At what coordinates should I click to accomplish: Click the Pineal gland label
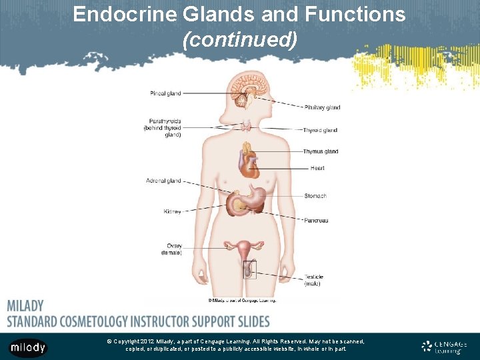(x=165, y=93)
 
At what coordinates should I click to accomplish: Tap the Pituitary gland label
(x=322, y=107)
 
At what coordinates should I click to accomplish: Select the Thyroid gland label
(x=320, y=130)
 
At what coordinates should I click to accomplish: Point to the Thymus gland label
(x=321, y=151)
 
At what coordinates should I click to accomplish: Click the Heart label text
(x=317, y=168)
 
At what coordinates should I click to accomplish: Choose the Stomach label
(x=315, y=196)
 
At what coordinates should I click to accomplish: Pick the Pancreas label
(x=316, y=221)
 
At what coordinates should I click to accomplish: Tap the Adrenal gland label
(x=163, y=181)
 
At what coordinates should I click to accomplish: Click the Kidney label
(x=172, y=212)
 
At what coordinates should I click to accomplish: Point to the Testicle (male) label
(x=314, y=280)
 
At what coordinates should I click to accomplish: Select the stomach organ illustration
(x=250, y=197)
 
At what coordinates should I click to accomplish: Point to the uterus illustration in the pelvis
(x=245, y=251)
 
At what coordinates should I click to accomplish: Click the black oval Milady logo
(x=28, y=347)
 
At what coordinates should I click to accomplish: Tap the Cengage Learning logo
(x=444, y=347)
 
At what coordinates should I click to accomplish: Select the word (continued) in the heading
(x=239, y=41)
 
